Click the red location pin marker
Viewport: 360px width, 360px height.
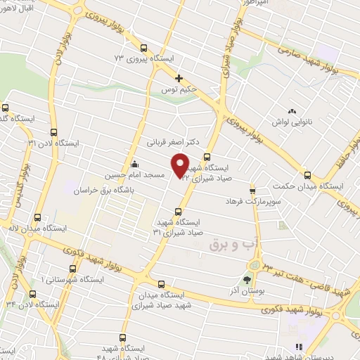181,165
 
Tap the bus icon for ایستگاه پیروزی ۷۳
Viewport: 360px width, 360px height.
144,49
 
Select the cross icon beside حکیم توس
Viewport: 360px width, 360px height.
179,78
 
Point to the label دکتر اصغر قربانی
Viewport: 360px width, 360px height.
168,141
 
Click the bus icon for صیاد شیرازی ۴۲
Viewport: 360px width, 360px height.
207,157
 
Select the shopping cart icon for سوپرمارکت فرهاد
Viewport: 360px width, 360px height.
252,191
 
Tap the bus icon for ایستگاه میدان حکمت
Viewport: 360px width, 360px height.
307,175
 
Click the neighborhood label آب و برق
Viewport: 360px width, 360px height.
237,244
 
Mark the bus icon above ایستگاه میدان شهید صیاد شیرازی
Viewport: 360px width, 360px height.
162,285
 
